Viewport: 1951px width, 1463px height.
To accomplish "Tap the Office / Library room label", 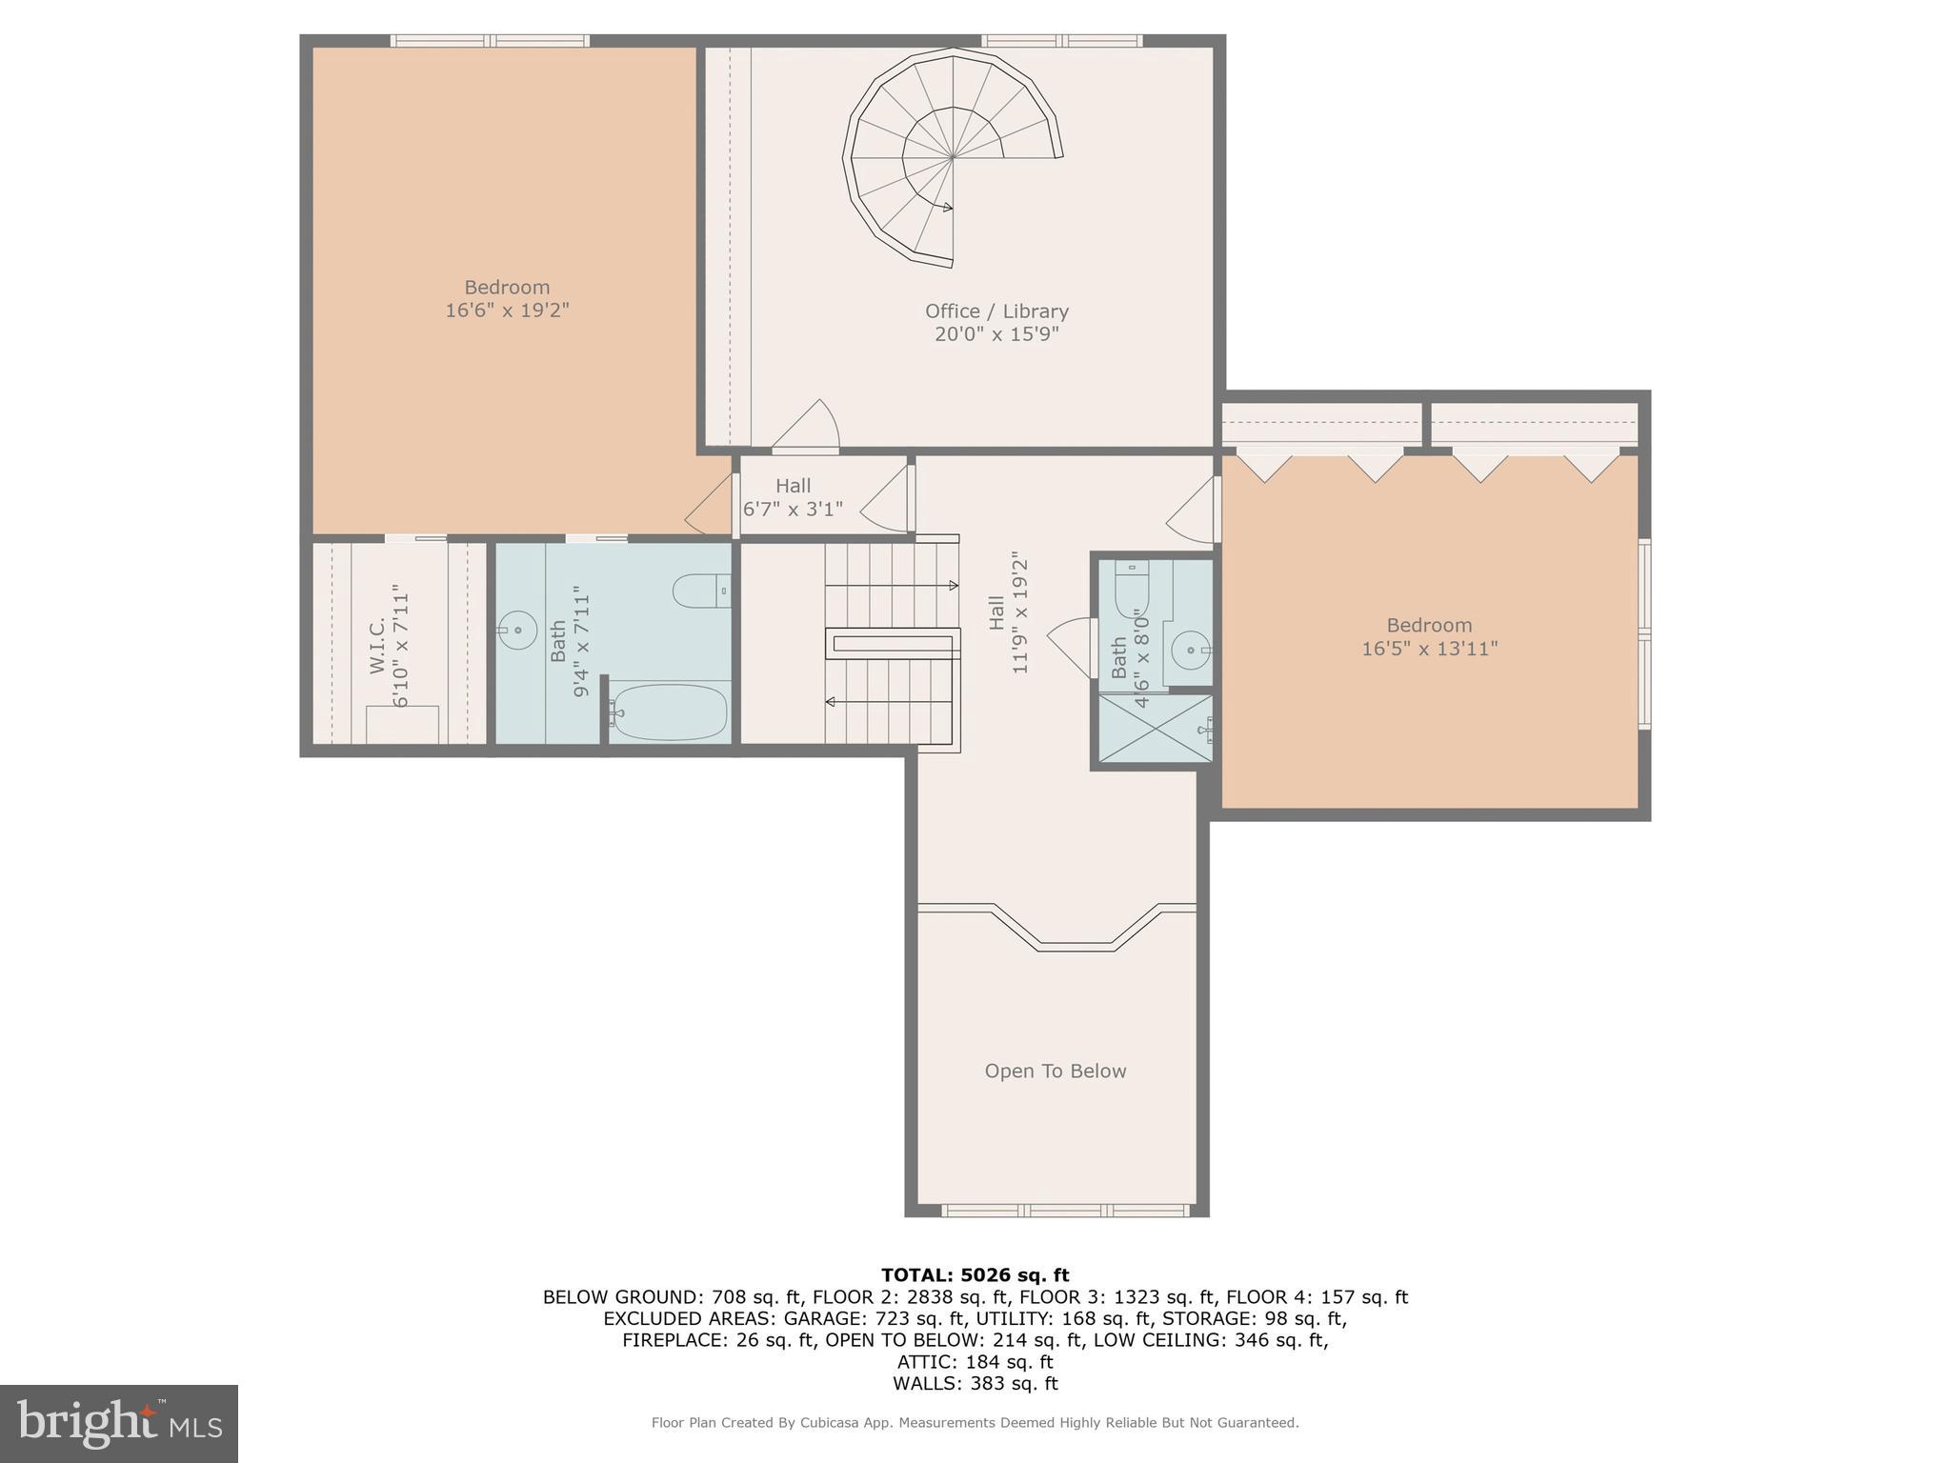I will pos(996,311).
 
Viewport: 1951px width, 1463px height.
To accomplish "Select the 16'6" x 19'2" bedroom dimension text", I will pos(507,311).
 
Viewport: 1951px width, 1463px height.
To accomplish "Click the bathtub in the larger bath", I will pos(670,711).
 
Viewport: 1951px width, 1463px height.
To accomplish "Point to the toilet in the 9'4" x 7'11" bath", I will pos(700,591).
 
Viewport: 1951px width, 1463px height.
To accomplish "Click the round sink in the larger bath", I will pos(517,630).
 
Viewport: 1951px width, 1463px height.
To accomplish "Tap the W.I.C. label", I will pos(376,645).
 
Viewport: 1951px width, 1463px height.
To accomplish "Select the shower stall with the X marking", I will pos(1156,729).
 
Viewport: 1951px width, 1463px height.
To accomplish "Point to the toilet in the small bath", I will pos(1132,591).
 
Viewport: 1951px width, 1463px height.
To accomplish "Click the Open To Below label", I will pos(1055,1072).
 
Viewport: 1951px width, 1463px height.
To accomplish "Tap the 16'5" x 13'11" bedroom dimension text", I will pos(1429,650).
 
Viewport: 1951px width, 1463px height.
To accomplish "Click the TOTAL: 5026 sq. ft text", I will pos(975,1275).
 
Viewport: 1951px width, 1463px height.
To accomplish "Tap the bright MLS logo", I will pos(119,1423).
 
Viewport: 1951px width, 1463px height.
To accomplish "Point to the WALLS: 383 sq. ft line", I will pos(975,1384).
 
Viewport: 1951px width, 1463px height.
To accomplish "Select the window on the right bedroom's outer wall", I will pos(1644,633).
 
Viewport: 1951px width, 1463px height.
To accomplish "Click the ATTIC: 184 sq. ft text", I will pos(975,1362).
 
